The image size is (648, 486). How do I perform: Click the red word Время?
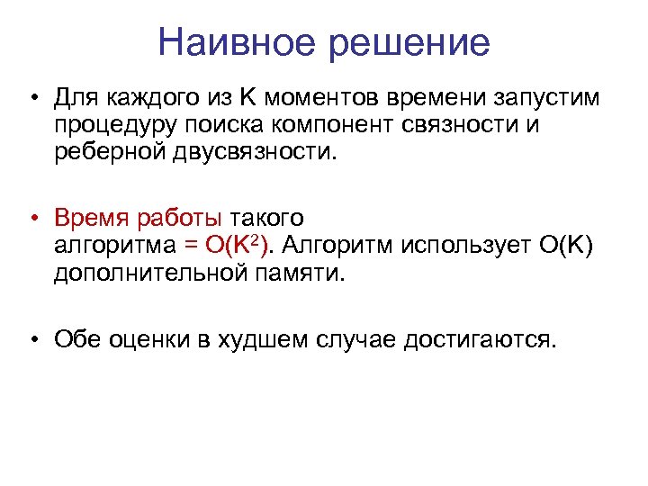coord(89,219)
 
